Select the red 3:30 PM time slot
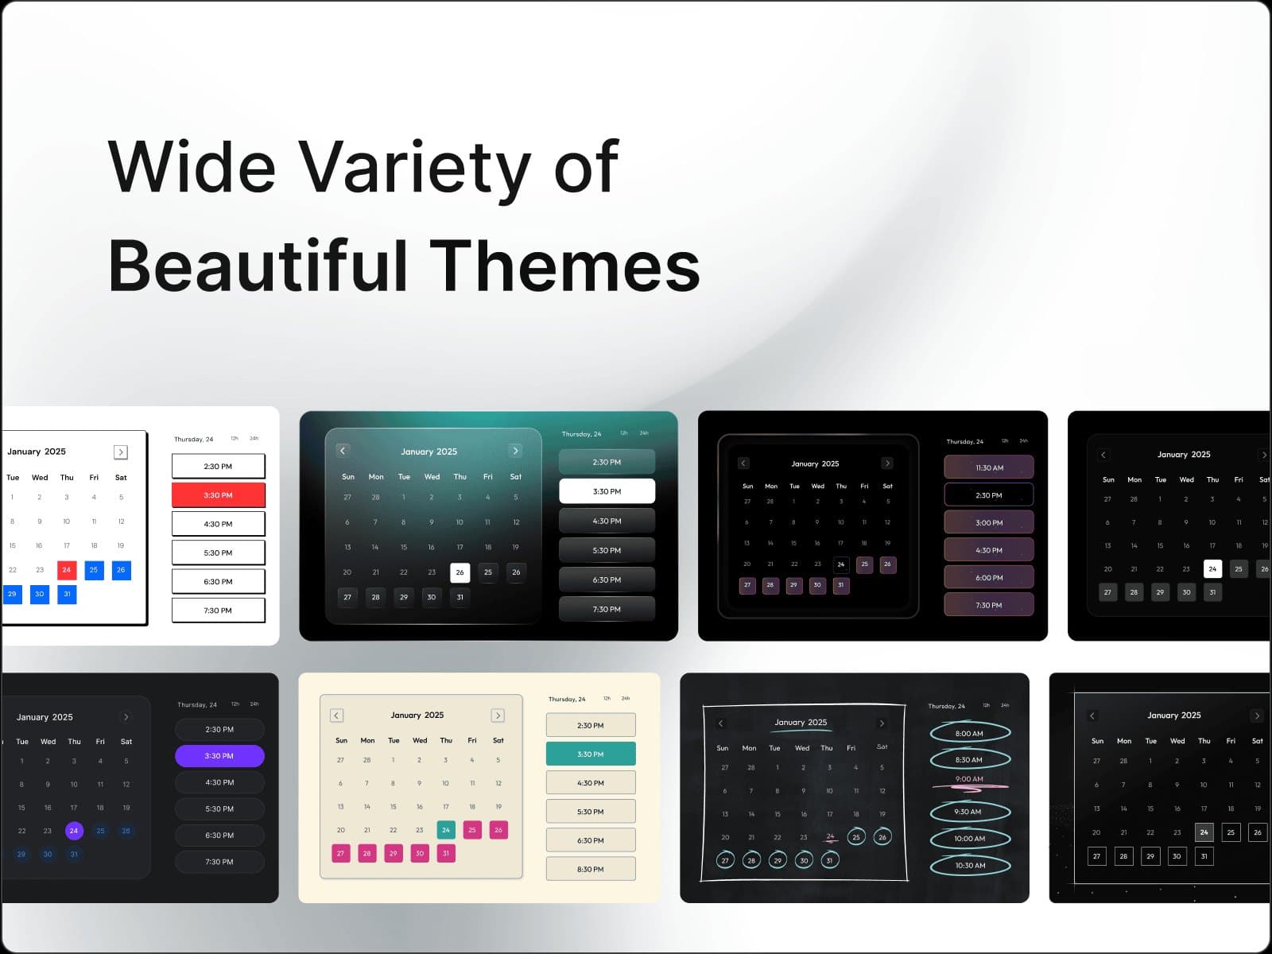tap(218, 495)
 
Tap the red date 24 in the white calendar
tap(67, 570)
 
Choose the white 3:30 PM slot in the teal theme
tap(607, 491)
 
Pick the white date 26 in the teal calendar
tap(460, 572)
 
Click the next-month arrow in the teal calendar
tap(515, 451)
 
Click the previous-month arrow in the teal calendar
tap(343, 451)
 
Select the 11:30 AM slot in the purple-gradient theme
tap(989, 467)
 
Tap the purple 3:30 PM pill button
tap(219, 756)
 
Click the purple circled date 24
tap(74, 831)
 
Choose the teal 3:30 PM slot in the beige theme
tap(591, 754)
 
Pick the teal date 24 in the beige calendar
tap(446, 830)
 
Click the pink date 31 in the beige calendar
tap(446, 853)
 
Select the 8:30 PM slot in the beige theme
tap(591, 869)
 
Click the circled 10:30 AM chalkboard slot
tap(970, 866)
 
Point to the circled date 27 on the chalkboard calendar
tap(724, 860)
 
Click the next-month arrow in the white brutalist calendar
tap(121, 452)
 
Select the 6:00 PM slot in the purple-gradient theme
tap(989, 578)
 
